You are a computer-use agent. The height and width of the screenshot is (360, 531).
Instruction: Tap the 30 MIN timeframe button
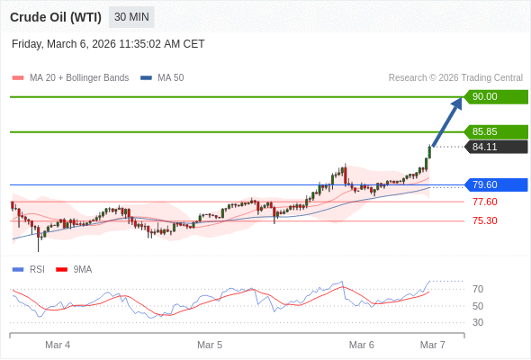(131, 16)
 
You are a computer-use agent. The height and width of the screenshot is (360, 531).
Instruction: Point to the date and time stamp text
(108, 43)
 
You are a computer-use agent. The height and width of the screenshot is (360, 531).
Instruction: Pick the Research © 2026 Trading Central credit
(455, 77)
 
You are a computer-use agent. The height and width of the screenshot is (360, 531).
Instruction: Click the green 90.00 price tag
(494, 96)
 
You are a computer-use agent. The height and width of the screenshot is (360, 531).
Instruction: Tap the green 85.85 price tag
(494, 131)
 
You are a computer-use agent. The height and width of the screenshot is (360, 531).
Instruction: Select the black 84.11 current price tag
(494, 147)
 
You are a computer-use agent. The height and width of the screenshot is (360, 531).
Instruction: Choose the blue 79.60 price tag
(494, 184)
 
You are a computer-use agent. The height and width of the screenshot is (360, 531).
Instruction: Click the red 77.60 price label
(484, 202)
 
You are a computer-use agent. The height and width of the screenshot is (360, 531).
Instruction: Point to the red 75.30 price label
(484, 220)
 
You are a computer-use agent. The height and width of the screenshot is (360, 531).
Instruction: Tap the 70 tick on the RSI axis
(478, 289)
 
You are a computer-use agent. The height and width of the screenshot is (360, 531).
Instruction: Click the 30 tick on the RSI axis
(478, 322)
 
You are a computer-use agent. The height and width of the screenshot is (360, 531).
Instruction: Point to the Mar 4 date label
(58, 345)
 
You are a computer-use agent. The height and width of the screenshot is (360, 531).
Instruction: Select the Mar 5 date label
(210, 345)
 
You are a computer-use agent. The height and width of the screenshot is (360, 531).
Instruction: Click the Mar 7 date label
(433, 345)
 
